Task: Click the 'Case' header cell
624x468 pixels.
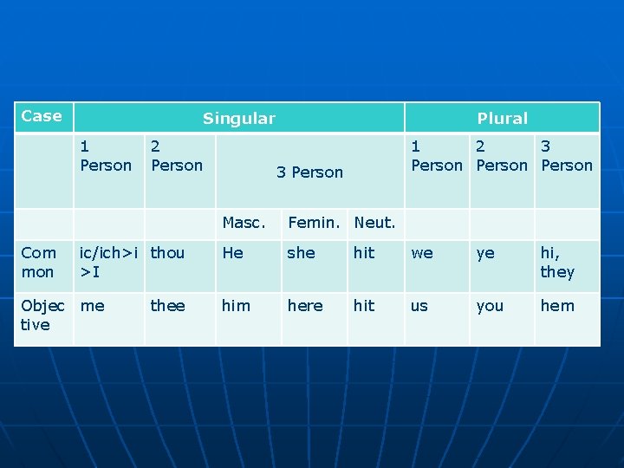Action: [x=42, y=116]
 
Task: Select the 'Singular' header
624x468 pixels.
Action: [x=238, y=119]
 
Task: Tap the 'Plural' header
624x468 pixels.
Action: [x=502, y=119]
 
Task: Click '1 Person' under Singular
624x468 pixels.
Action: [x=106, y=156]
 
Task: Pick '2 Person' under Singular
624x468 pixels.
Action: [x=177, y=156]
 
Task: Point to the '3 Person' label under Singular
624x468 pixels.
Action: [x=309, y=172]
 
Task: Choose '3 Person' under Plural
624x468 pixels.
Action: [x=566, y=156]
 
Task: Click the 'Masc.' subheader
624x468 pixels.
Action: [x=244, y=223]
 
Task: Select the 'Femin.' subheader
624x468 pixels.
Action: [x=315, y=223]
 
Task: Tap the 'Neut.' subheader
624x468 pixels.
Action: [x=374, y=223]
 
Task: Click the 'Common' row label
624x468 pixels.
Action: [x=39, y=263]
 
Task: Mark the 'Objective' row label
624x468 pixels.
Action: [x=42, y=315]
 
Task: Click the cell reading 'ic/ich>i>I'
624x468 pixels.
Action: [x=107, y=263]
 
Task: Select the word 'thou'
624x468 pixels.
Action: [x=167, y=253]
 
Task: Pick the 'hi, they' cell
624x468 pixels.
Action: [x=557, y=263]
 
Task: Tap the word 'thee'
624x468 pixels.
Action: [x=167, y=306]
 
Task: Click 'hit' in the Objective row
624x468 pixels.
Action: [x=364, y=306]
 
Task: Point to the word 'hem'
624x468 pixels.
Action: [x=557, y=306]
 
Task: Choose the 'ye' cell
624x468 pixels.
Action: [x=485, y=253]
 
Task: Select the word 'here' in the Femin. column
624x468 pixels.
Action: [x=305, y=306]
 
